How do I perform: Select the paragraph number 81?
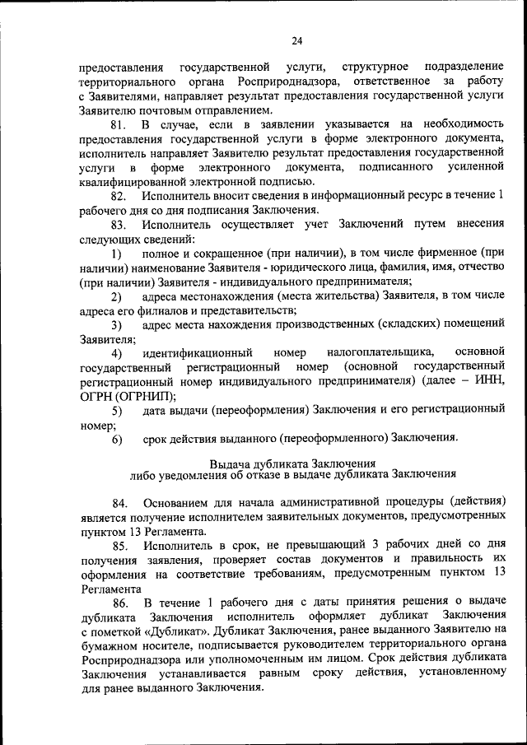click(x=117, y=123)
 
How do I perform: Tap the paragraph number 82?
click(x=117, y=195)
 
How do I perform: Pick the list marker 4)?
click(x=117, y=353)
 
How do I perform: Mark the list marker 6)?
click(x=117, y=439)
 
